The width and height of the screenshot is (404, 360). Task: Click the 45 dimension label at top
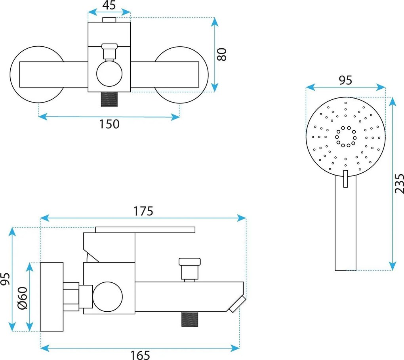(109, 5)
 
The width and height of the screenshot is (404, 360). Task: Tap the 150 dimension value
(109, 124)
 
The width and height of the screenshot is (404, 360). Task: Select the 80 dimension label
(221, 54)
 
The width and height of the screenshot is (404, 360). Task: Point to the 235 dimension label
(399, 183)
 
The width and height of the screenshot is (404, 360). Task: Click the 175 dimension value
(143, 211)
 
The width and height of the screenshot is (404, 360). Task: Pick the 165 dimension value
(140, 355)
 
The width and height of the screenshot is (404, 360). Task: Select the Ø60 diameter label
(23, 298)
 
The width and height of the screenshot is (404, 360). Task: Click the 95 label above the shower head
(345, 80)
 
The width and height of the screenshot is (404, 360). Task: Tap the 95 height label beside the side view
(5, 279)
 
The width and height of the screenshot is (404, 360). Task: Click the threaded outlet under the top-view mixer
(109, 99)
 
